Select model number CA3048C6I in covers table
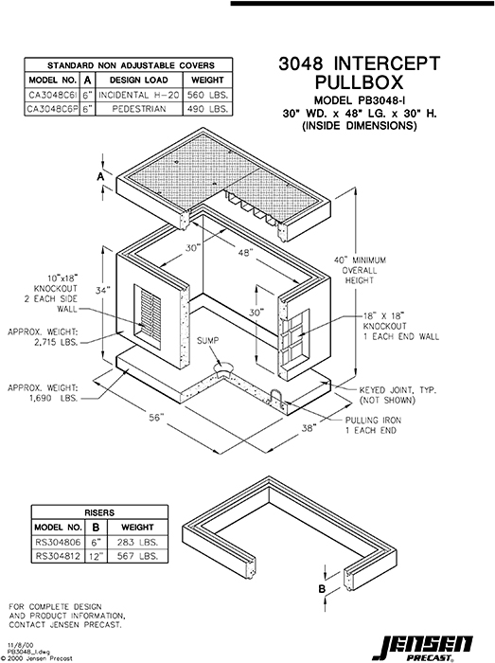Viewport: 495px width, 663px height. click(x=52, y=96)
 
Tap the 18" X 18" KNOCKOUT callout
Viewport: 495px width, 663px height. click(x=389, y=327)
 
